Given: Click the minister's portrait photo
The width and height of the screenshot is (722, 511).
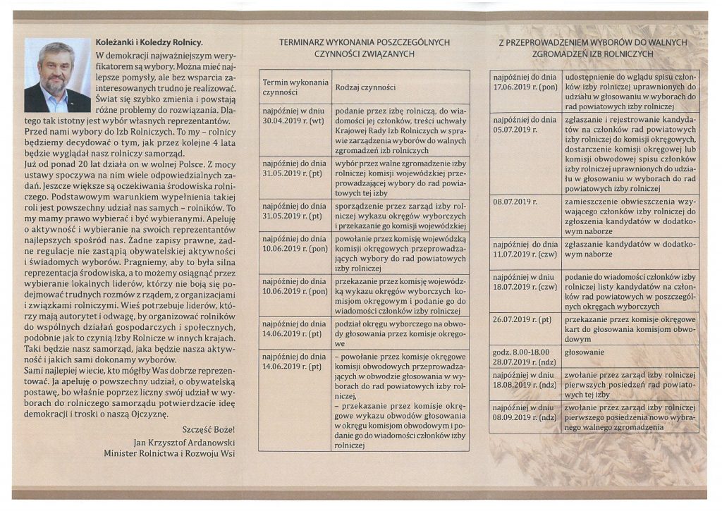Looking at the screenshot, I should [57, 75].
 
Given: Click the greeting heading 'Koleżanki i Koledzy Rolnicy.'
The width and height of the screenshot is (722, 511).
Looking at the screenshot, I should [149, 43].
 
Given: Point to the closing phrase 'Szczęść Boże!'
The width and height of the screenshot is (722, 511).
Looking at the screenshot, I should [208, 430].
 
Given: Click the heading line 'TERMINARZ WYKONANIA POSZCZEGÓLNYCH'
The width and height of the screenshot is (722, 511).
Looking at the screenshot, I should [365, 42].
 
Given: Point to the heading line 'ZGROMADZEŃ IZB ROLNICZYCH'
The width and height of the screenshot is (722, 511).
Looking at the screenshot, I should [593, 54].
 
